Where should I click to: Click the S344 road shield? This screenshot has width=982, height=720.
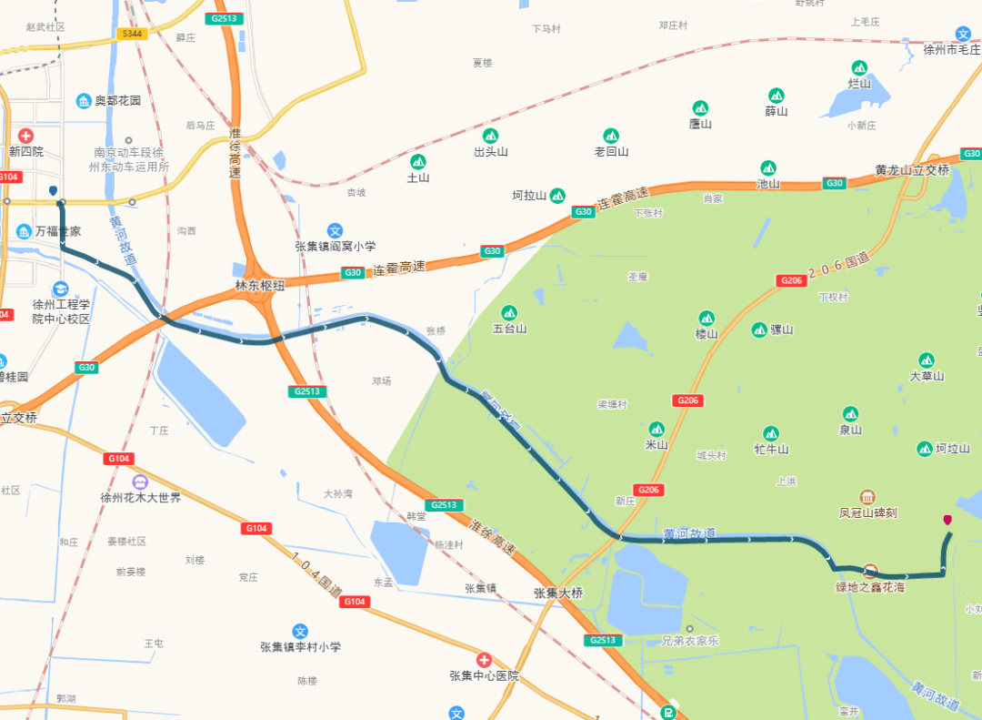click(x=132, y=34)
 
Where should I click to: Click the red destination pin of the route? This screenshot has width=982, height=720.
click(x=947, y=521)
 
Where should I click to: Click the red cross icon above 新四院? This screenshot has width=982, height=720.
click(x=25, y=135)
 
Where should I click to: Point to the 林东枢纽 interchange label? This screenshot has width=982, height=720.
click(x=260, y=285)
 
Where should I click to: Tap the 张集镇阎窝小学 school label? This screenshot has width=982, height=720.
click(x=335, y=246)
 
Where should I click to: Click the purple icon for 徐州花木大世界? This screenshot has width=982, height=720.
click(x=140, y=482)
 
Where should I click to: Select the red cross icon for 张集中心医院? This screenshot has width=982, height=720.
click(x=484, y=659)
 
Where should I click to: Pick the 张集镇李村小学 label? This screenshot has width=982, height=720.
click(x=300, y=647)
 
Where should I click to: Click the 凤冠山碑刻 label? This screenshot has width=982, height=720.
click(x=867, y=512)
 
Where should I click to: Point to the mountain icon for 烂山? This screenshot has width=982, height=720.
click(x=859, y=68)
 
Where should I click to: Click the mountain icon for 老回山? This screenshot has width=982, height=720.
click(x=611, y=136)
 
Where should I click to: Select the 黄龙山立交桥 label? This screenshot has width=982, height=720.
click(x=912, y=170)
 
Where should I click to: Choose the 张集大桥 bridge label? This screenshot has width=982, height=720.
click(x=558, y=593)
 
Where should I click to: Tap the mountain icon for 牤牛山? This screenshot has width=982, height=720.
click(x=771, y=433)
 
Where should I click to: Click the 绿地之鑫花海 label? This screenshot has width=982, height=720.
click(x=870, y=587)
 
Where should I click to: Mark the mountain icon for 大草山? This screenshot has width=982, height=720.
click(x=927, y=360)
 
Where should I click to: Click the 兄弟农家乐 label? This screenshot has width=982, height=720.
click(x=691, y=641)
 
